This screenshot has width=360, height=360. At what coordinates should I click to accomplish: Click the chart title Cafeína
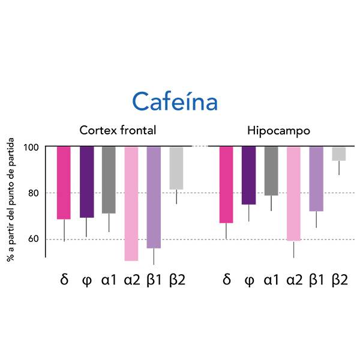pyautogui.click(x=175, y=101)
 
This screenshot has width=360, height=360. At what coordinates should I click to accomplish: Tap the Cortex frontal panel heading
pyautogui.click(x=118, y=130)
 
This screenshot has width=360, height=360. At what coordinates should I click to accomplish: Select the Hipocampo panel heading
pyautogui.click(x=278, y=130)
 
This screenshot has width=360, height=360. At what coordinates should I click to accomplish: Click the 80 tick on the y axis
pyautogui.click(x=32, y=193)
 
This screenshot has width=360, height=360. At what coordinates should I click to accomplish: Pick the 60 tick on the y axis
pyautogui.click(x=32, y=239)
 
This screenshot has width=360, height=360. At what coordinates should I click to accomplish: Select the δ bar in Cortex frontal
pyautogui.click(x=64, y=182)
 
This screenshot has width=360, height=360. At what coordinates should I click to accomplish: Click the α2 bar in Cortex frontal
pyautogui.click(x=131, y=203)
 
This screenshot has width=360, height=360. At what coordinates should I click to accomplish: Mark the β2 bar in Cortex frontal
pyautogui.click(x=176, y=168)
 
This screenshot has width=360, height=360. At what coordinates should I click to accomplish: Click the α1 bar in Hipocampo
pyautogui.click(x=271, y=171)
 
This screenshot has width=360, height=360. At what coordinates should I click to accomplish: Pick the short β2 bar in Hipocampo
pyautogui.click(x=339, y=154)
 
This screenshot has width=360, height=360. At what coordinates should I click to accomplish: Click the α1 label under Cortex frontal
pyautogui.click(x=109, y=280)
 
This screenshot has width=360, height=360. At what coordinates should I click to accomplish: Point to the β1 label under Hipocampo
pyautogui.click(x=317, y=280)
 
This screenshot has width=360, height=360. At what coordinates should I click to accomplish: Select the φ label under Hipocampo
pyautogui.click(x=249, y=280)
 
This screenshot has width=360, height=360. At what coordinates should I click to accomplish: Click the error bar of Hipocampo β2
pyautogui.click(x=339, y=167)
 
